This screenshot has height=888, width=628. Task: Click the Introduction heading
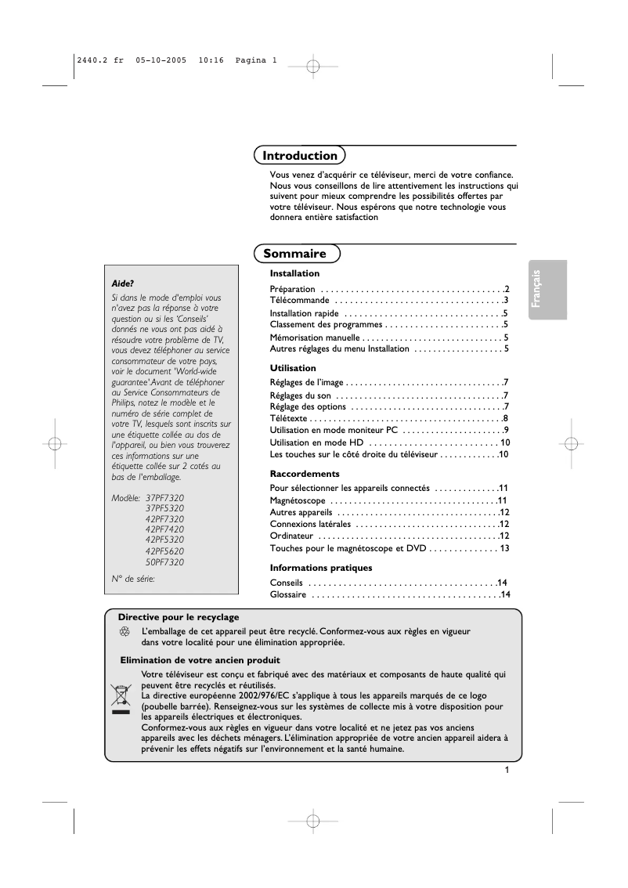coord(300,156)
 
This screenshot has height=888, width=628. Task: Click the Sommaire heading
coord(295,254)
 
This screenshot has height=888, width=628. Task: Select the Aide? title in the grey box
coord(123,283)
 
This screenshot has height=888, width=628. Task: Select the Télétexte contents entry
coord(289,418)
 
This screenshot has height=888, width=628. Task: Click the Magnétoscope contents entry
coord(298,500)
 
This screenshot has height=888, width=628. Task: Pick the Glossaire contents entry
coord(288,595)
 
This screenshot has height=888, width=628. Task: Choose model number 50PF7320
coord(164,562)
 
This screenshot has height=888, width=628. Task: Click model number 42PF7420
coord(164,529)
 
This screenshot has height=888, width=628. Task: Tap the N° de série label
coord(133,579)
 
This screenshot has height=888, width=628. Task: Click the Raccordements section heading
coord(305,474)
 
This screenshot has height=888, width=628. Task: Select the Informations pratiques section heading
coord(321,568)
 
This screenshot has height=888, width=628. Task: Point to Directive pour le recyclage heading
coord(179,617)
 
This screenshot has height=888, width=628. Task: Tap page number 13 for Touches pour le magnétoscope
coord(504,548)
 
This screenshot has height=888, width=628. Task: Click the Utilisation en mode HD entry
coord(316,442)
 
